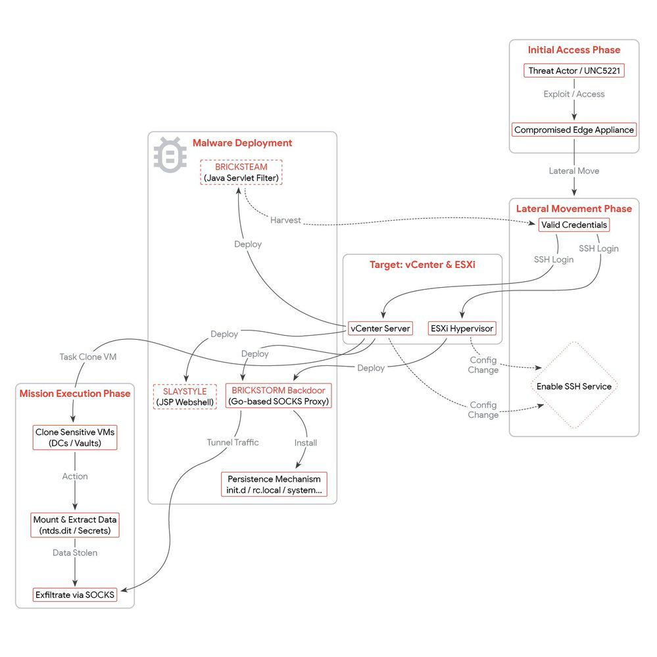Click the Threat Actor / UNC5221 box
573,70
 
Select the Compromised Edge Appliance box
573,130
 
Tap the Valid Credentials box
573,225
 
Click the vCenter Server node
381,328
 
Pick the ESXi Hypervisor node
461,328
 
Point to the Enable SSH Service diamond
573,386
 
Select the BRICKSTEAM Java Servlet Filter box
241,172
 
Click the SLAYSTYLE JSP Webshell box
184,397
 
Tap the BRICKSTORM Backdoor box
278,396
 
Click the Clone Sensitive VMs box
75,438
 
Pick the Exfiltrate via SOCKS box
75,595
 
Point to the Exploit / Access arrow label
573,94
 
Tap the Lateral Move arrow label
573,171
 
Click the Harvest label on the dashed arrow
285,220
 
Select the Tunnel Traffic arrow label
232,442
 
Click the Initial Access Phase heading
573,50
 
